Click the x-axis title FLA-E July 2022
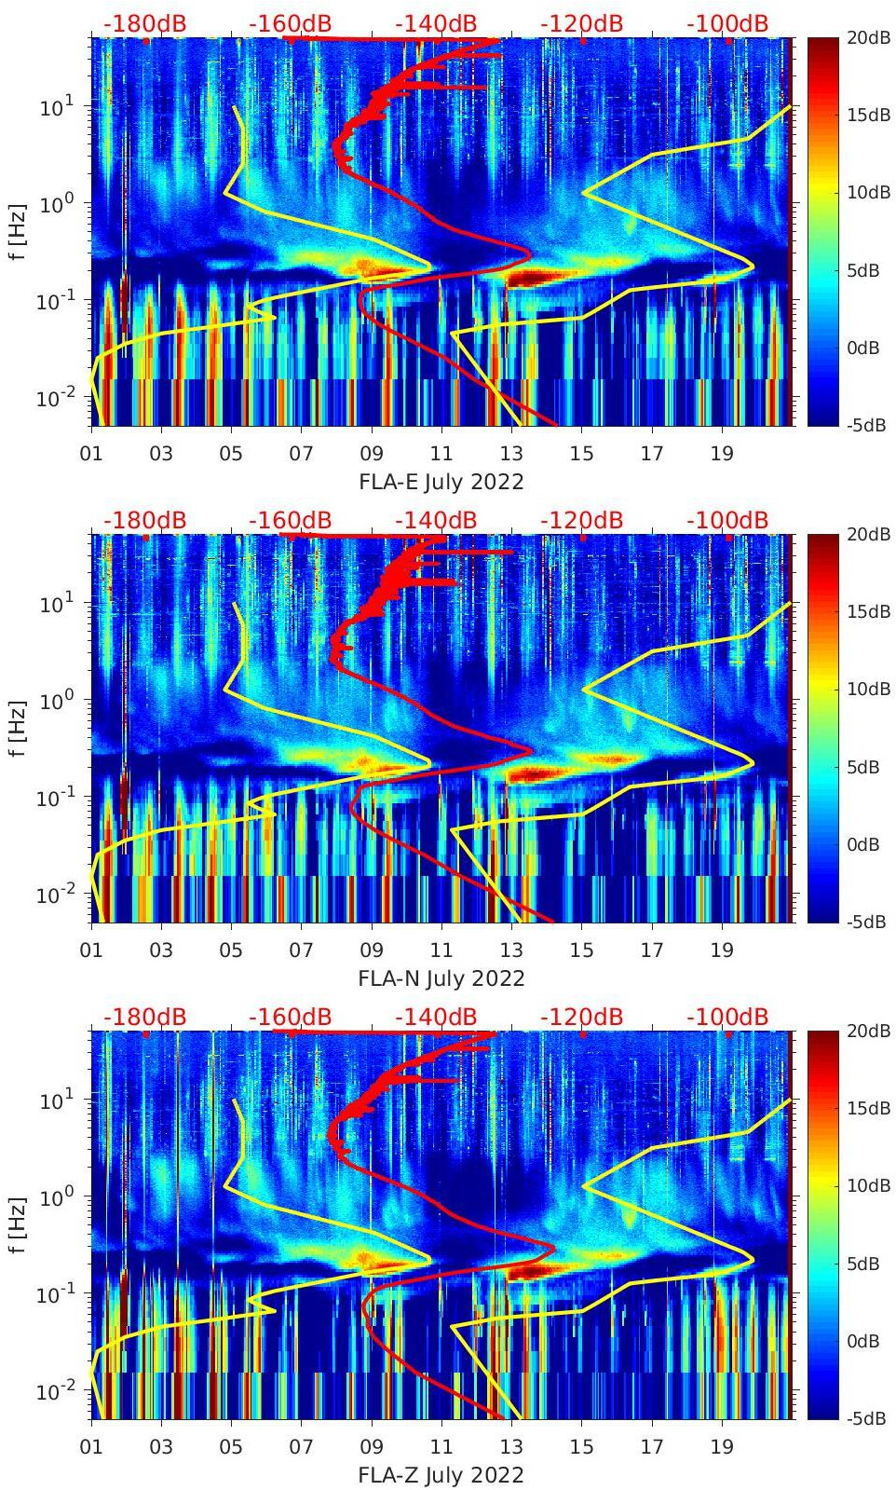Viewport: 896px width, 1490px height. click(441, 482)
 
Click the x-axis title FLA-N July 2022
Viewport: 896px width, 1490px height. click(441, 978)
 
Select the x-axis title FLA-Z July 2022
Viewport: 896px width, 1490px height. click(441, 1475)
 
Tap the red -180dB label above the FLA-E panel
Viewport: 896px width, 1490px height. click(144, 23)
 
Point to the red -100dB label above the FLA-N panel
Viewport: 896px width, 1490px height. click(727, 520)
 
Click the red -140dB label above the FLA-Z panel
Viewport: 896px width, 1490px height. click(436, 1017)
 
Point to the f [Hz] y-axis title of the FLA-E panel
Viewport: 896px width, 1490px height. click(18, 232)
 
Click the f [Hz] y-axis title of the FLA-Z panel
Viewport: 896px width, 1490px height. click(18, 1225)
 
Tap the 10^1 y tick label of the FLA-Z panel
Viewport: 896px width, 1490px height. click(52, 1100)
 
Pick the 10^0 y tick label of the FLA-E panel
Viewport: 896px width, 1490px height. click(52, 203)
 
